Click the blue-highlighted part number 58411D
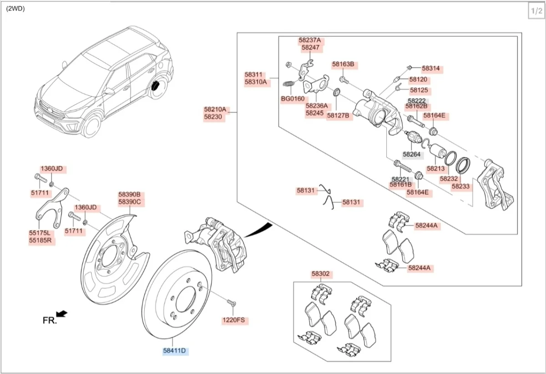[x=175, y=350]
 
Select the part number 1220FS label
[x=233, y=320]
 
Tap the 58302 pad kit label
[x=320, y=274]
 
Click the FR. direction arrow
[x=62, y=313]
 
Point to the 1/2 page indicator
[x=535, y=11]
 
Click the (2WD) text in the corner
[x=15, y=9]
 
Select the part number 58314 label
[x=430, y=69]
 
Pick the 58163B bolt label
[x=343, y=65]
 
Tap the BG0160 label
[x=293, y=99]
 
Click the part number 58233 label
[x=460, y=186]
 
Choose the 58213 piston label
[x=435, y=168]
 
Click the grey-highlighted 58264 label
[x=411, y=155]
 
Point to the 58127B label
[x=338, y=115]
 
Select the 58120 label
[x=418, y=79]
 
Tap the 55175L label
[x=40, y=233]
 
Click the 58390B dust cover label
[x=129, y=194]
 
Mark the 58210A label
[x=215, y=110]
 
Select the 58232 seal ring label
[x=449, y=179]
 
